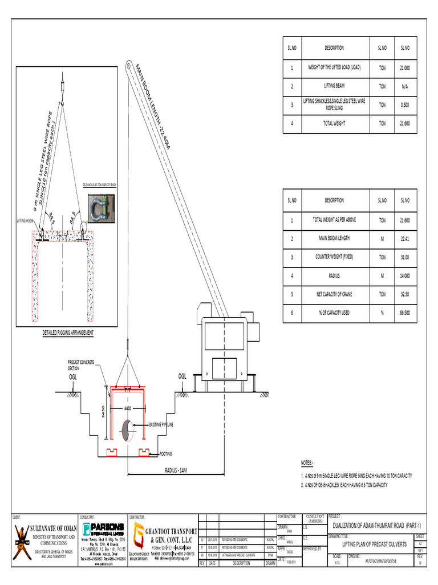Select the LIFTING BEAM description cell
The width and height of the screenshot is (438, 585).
pyautogui.click(x=334, y=86)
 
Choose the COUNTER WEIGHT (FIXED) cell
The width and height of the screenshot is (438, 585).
pyautogui.click(x=334, y=257)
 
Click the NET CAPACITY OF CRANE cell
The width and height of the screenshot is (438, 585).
pyautogui.click(x=334, y=294)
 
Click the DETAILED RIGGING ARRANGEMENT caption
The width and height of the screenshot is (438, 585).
pyautogui.click(x=68, y=332)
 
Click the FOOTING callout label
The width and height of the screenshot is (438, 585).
pyautogui.click(x=165, y=452)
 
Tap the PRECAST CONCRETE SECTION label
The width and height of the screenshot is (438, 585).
pyautogui.click(x=82, y=366)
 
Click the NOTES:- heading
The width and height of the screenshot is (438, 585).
pyautogui.click(x=308, y=463)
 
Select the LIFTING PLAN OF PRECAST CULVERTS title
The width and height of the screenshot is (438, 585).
pyautogui.click(x=370, y=544)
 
